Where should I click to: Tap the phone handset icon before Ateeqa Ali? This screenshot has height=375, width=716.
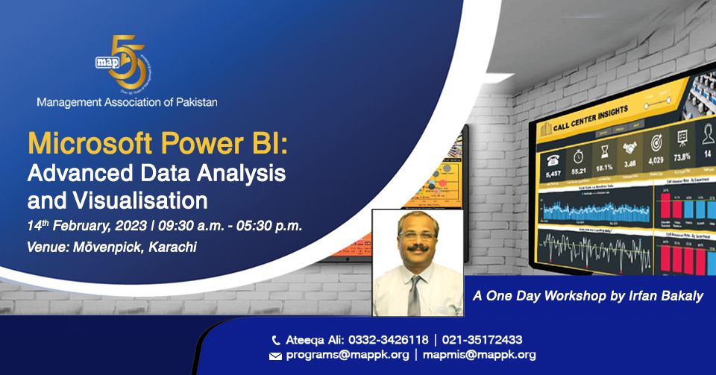276,339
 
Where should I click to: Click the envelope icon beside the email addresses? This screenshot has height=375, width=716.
275,356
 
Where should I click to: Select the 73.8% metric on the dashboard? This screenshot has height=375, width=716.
682,158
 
